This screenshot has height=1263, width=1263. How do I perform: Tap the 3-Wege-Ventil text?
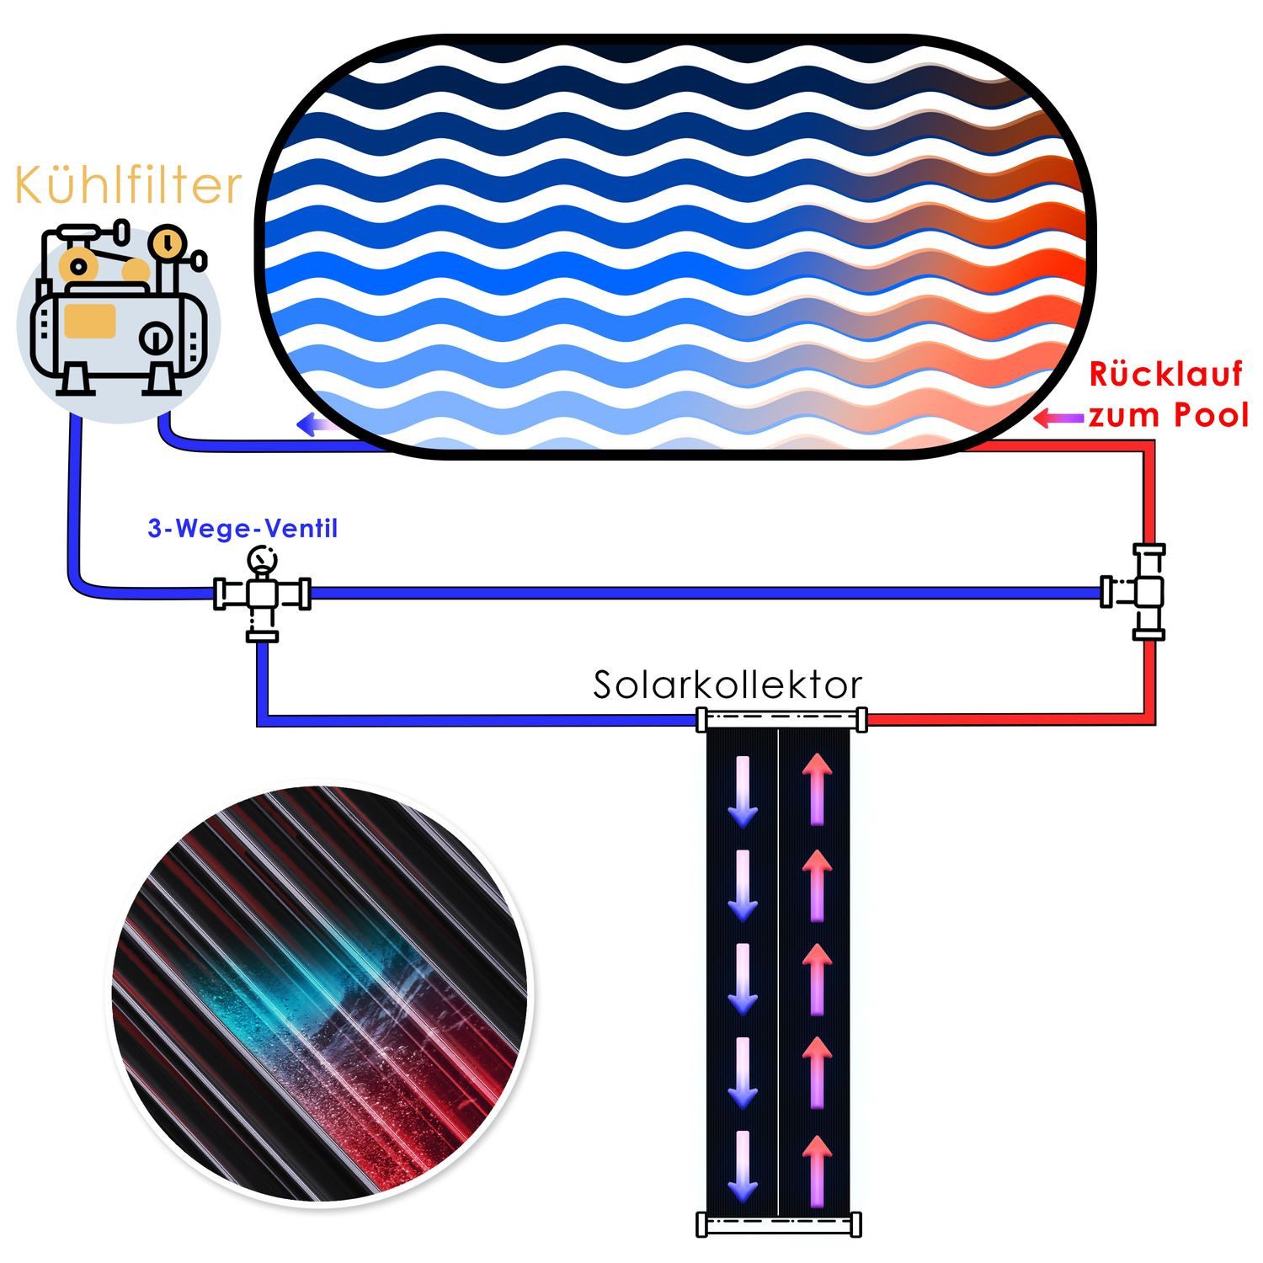pos(242,529)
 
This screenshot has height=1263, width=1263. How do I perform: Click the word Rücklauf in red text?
pos(1165,375)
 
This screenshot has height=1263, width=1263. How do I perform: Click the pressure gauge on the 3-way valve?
pos(262,559)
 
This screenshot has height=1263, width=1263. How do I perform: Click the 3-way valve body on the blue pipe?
pos(262,594)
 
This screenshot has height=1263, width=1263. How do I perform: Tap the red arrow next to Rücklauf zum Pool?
pos(1058,418)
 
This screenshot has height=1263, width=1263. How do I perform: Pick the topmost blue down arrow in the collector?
pos(743,791)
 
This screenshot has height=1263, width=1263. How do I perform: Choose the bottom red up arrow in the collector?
pos(816,1170)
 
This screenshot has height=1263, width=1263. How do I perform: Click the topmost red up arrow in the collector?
pos(816,788)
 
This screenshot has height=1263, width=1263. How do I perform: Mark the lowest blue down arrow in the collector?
pos(743,1166)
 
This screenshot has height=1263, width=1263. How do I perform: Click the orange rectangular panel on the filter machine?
pos(90,321)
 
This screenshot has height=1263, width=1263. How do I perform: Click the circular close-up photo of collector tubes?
pos(319,994)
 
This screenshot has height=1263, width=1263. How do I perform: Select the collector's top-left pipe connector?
pos(701,719)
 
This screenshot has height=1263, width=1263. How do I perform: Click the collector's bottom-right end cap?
pos(856,1224)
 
